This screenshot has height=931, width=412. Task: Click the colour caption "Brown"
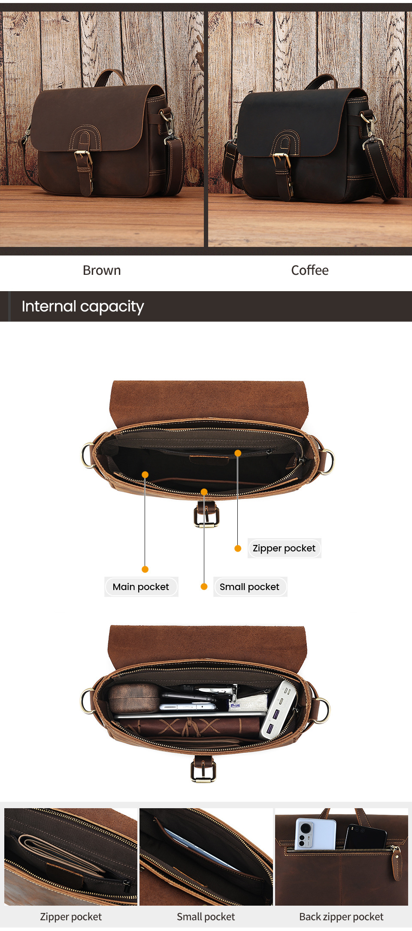pos(102,271)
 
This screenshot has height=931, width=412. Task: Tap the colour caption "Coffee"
pos(309,271)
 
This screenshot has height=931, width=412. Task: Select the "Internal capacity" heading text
pos(83,307)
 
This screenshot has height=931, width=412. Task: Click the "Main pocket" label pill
pos(141,587)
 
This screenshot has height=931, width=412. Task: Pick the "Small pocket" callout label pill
pos(249,587)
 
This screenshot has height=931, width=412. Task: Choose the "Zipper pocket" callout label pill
pos(284,548)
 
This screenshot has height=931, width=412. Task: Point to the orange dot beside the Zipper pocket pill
pos(238,548)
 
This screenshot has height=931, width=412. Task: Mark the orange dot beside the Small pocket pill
pos(204,587)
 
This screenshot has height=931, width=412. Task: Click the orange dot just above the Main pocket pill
pos(145,569)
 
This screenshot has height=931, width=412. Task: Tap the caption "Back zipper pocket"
pos(341,917)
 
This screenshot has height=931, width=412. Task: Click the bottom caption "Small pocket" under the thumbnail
pos(206,917)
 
